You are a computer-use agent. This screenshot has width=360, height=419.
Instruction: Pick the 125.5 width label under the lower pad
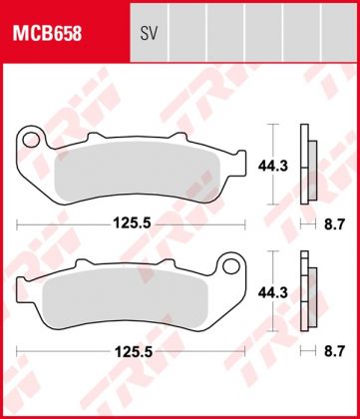[132, 353]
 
